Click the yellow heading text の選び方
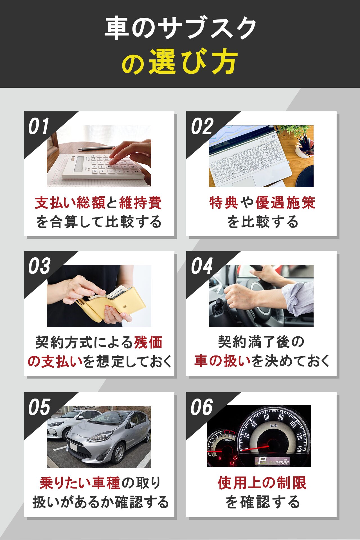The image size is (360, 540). pos(180,62)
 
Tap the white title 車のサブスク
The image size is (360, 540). pos(180,28)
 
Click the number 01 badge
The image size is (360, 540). pos(39,126)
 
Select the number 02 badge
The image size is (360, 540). pos(202,126)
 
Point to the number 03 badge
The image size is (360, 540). pos(39,266)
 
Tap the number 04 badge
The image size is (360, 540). pos(202,266)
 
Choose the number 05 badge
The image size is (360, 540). pos(39,407)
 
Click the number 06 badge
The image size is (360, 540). pos(202,407)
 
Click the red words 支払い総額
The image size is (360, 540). pos(70,203)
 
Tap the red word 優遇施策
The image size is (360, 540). pos(285,203)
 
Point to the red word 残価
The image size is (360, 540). pos(148,343)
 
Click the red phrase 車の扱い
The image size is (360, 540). pos(222,361)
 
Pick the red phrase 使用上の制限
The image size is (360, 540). pos(262,483)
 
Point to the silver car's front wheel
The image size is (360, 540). pos(118,453)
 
